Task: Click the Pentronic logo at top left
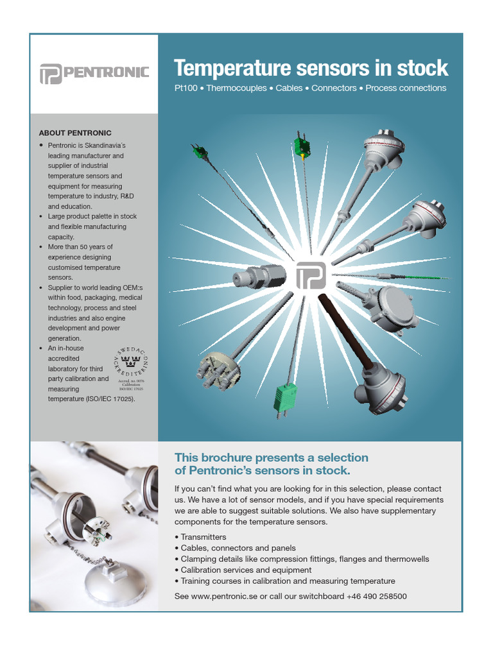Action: click(94, 73)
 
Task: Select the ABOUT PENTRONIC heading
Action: click(75, 133)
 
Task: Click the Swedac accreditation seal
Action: click(130, 368)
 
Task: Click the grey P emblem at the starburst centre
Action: click(311, 275)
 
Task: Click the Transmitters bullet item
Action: click(203, 537)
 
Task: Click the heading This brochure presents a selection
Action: click(272, 457)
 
